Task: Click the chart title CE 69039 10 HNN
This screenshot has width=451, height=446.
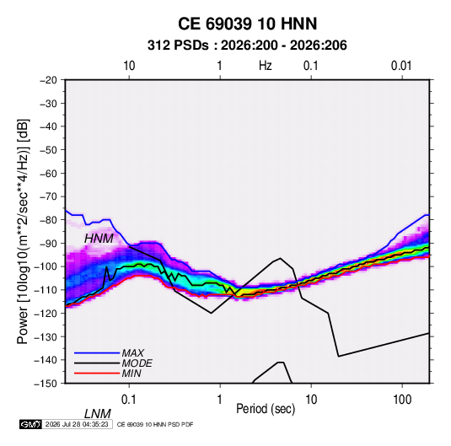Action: click(x=247, y=24)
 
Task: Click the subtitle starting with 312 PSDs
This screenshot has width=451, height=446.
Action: click(x=247, y=46)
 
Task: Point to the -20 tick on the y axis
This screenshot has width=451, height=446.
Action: click(x=48, y=80)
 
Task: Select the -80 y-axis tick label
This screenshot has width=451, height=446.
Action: click(x=48, y=220)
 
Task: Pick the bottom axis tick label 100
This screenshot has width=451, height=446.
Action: click(x=402, y=400)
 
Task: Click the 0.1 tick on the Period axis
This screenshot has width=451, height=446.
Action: click(x=129, y=400)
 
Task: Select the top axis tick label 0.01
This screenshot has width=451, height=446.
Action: click(x=401, y=66)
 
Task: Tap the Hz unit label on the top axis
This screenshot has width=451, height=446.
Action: click(x=266, y=66)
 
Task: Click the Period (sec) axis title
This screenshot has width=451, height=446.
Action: click(x=266, y=409)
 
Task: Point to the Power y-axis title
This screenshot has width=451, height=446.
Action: click(x=23, y=232)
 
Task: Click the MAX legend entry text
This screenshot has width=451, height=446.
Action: click(x=133, y=353)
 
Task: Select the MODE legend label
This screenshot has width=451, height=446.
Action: click(x=137, y=363)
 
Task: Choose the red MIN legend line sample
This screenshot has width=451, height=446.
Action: click(x=97, y=373)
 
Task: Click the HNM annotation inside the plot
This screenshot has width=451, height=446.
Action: click(x=99, y=239)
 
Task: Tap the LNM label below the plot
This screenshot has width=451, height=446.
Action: click(x=97, y=414)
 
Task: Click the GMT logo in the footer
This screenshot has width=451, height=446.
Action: click(x=30, y=424)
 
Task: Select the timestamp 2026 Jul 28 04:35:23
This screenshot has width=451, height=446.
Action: click(x=77, y=424)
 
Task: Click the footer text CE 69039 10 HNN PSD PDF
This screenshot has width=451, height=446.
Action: click(x=155, y=424)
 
